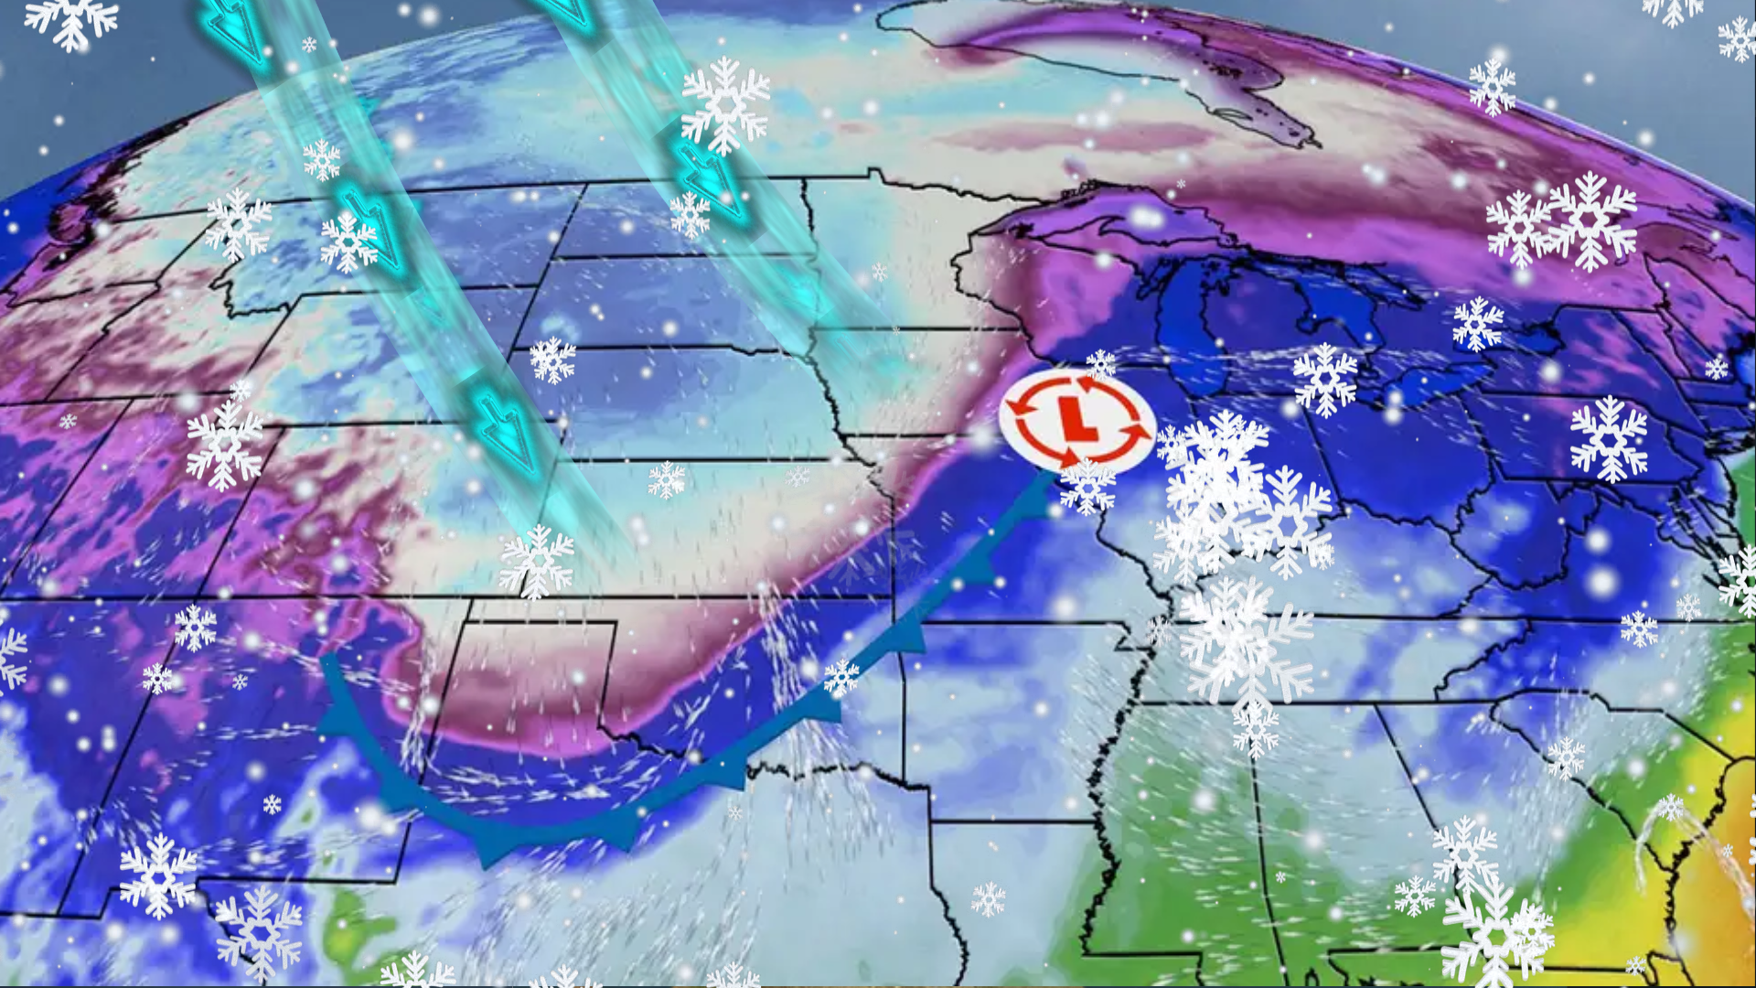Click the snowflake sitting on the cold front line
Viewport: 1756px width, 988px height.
(x=841, y=677)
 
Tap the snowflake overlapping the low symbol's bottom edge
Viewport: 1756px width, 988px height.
(x=1087, y=485)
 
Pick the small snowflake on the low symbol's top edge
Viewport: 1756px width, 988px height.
(x=1100, y=364)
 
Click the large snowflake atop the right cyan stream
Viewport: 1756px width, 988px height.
(x=725, y=103)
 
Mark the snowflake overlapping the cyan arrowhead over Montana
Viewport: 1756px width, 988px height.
(x=348, y=242)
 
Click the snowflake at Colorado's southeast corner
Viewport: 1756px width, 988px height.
(x=536, y=560)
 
